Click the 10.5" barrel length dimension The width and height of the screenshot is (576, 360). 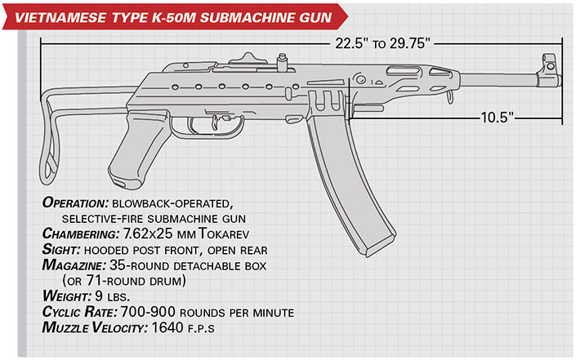(x=497, y=118)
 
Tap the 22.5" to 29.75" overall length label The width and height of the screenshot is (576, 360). (x=382, y=43)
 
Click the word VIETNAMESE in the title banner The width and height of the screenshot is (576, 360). (x=60, y=18)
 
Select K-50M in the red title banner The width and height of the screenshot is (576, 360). (x=172, y=18)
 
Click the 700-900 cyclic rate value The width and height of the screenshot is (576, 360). (x=148, y=312)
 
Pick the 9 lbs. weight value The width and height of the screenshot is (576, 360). (x=113, y=296)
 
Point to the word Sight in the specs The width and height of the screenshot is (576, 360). (x=61, y=250)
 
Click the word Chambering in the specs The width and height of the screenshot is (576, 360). (x=79, y=233)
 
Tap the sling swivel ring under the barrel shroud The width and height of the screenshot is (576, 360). (x=449, y=98)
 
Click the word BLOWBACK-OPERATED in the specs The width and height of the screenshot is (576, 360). (x=172, y=203)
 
